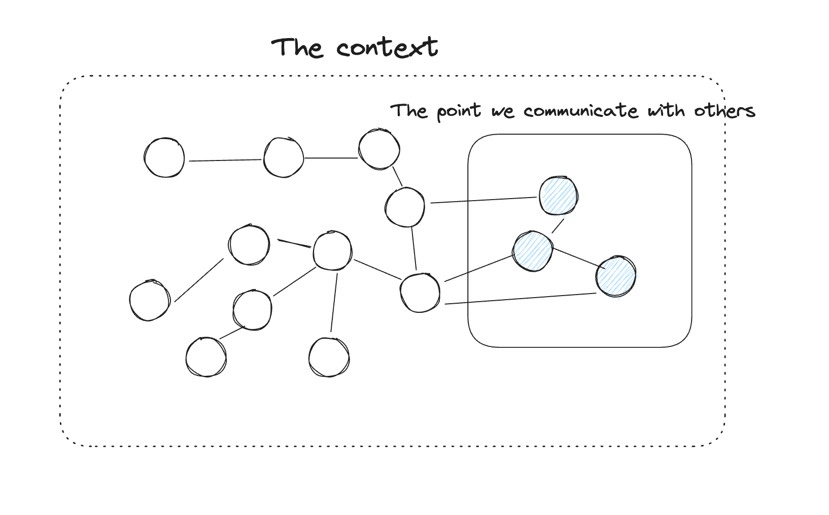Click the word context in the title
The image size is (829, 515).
pos(387,48)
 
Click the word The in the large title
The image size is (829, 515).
pos(297,48)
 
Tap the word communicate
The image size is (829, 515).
pos(580,111)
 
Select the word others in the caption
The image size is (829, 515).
pos(724,110)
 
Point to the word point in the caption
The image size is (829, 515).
pos(459,111)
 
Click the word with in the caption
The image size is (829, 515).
pos(666,110)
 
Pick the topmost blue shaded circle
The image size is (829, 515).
pos(558,196)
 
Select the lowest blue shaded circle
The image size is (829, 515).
pos(615,276)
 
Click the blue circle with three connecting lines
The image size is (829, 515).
pos(532,251)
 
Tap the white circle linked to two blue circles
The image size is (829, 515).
pos(420,293)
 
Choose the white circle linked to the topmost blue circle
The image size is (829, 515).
pos(404,207)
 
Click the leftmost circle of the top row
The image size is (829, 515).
pos(164,157)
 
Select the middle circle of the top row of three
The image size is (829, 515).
pos(284,157)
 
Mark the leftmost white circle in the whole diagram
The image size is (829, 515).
pos(150,301)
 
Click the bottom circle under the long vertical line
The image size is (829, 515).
pos(329,358)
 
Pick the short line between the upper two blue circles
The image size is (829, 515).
pos(558,226)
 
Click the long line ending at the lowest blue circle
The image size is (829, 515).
pos(520,299)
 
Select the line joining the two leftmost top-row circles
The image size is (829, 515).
pos(225,160)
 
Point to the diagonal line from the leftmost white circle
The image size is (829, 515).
pos(199,280)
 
